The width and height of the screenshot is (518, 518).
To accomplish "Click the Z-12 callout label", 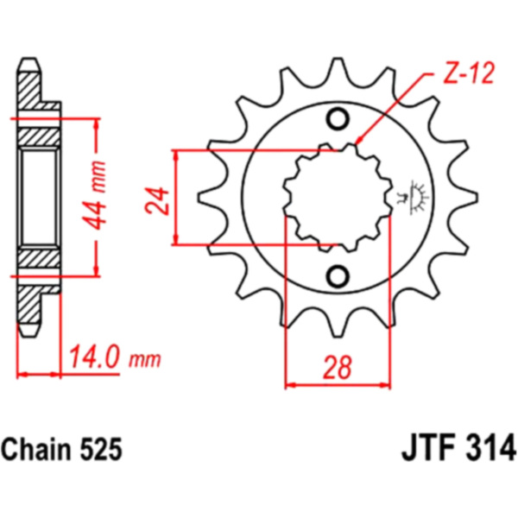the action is click(x=469, y=73).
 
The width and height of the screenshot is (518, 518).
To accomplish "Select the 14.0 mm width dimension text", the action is click(x=115, y=357).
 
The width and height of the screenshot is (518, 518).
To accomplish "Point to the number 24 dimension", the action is click(x=156, y=201).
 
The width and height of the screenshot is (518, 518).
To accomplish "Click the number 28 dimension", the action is click(x=337, y=368).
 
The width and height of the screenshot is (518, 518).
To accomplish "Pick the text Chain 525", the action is click(x=62, y=449).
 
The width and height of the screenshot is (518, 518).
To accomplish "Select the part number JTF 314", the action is click(x=458, y=449).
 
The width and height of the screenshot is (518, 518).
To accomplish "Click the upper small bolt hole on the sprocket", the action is click(x=338, y=119).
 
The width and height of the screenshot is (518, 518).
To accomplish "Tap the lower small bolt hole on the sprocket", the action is click(x=338, y=276).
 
